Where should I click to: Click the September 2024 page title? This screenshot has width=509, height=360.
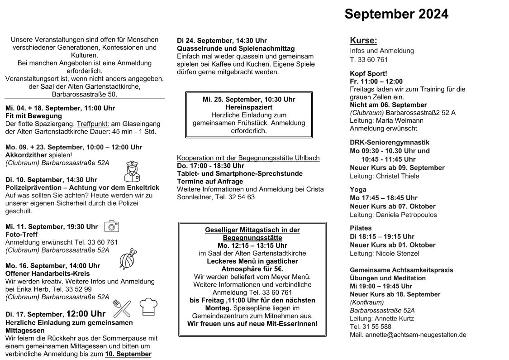[396, 14]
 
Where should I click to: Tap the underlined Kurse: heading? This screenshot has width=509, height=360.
[363, 41]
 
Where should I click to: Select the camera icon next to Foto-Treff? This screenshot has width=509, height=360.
[111, 226]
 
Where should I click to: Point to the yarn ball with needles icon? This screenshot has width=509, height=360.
[127, 259]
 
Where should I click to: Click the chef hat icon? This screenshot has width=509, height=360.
[148, 307]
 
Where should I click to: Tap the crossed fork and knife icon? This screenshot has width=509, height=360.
[121, 307]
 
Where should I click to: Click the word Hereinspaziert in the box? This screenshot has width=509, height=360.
[248, 107]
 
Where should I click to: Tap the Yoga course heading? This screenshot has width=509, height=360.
[358, 189]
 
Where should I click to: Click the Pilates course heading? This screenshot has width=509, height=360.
[361, 228]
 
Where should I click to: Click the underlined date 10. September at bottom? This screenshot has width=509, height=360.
[128, 354]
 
